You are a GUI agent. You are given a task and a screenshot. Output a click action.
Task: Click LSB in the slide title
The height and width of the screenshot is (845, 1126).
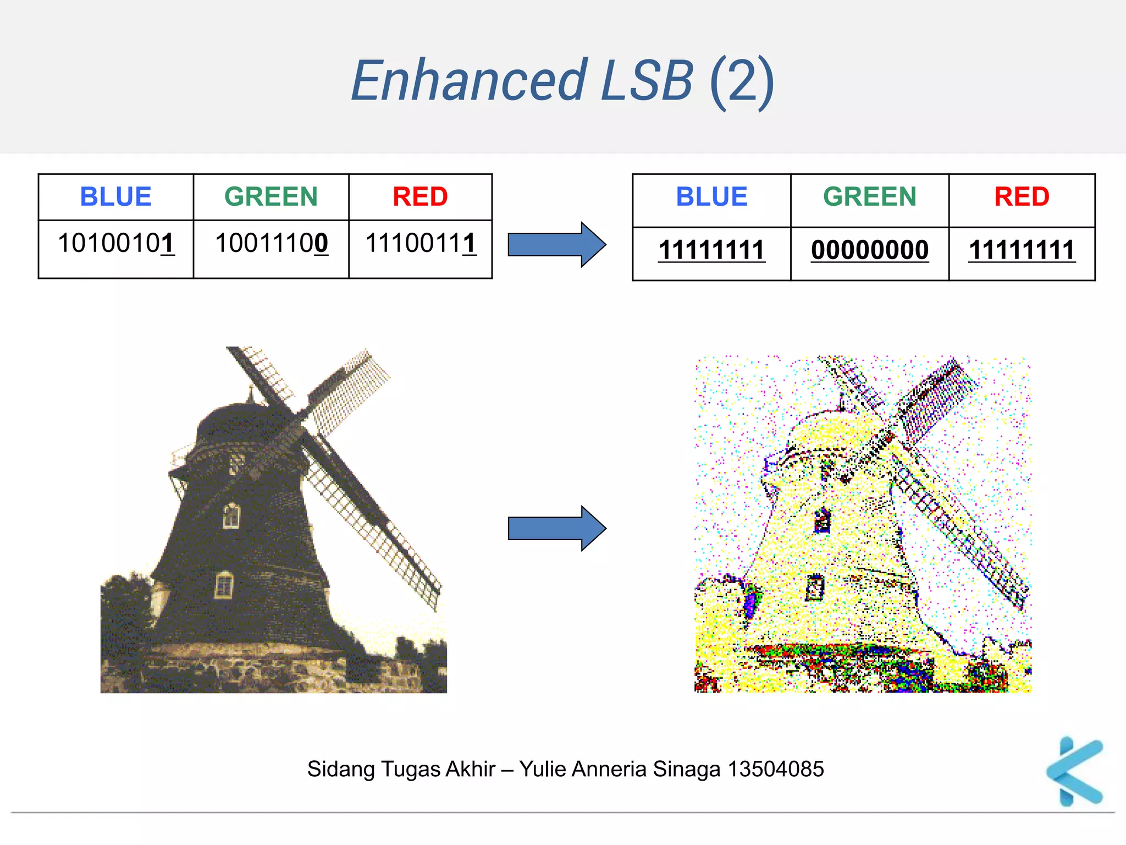(x=647, y=81)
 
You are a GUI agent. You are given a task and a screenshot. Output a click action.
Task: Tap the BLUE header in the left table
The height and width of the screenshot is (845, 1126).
(x=115, y=197)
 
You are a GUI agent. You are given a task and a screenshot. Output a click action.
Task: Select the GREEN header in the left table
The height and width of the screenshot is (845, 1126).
(x=271, y=197)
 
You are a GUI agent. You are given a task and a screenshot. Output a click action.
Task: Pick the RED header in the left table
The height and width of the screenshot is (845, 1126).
(x=420, y=197)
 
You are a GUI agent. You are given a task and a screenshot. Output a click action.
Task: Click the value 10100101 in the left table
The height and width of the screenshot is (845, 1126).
(x=116, y=244)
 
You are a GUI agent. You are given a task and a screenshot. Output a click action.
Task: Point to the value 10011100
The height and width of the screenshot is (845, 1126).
(x=272, y=244)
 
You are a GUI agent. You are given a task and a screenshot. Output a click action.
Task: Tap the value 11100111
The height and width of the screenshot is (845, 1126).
(x=421, y=244)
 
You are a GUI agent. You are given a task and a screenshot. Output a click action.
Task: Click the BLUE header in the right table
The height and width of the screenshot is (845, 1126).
(x=711, y=197)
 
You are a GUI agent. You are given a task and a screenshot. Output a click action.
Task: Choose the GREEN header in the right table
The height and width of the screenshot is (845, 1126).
(x=870, y=197)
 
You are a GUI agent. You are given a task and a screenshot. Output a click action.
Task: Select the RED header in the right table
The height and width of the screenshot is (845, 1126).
(x=1022, y=197)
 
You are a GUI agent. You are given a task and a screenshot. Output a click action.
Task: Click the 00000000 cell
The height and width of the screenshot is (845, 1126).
(x=870, y=251)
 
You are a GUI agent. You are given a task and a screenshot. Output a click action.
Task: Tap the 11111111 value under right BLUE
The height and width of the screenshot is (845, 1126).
(x=711, y=251)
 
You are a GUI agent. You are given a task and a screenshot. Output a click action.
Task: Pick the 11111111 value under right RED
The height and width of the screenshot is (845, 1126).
(x=1022, y=251)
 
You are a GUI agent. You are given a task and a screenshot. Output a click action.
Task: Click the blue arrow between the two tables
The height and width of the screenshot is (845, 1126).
(x=556, y=245)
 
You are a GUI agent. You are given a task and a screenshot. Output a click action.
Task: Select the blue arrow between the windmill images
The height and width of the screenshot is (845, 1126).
(x=556, y=528)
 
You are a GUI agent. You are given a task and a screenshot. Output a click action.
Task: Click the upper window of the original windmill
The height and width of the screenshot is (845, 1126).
(x=231, y=515)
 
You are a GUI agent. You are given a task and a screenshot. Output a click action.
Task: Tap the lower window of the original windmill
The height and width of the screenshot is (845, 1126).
(x=224, y=584)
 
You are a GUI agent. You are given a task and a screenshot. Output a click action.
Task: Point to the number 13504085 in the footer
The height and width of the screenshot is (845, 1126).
(x=776, y=769)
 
